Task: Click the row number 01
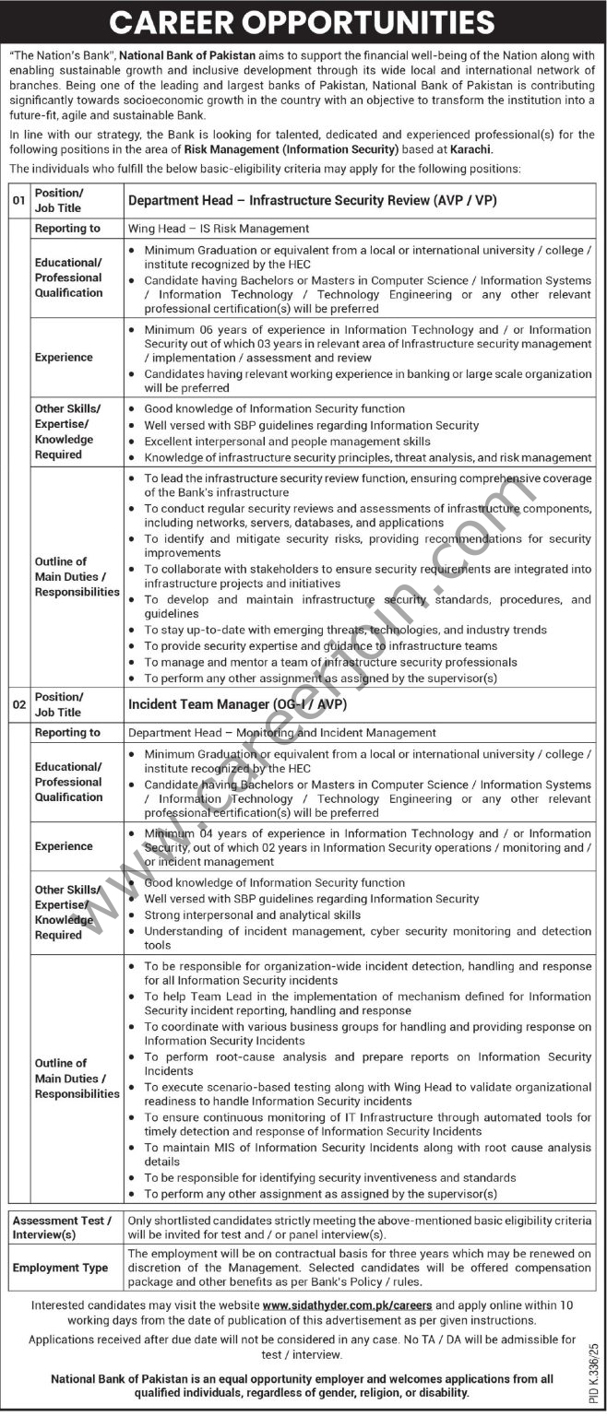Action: tap(18, 200)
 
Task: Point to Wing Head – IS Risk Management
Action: tap(219, 229)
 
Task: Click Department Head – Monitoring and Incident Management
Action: tap(281, 733)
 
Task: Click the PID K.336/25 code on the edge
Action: tap(593, 1341)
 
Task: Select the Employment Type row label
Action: tap(60, 1268)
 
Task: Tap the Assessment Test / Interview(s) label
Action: tap(62, 1227)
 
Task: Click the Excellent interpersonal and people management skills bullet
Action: tap(287, 442)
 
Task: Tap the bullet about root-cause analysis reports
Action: tap(367, 1064)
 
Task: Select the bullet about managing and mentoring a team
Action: tap(330, 662)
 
